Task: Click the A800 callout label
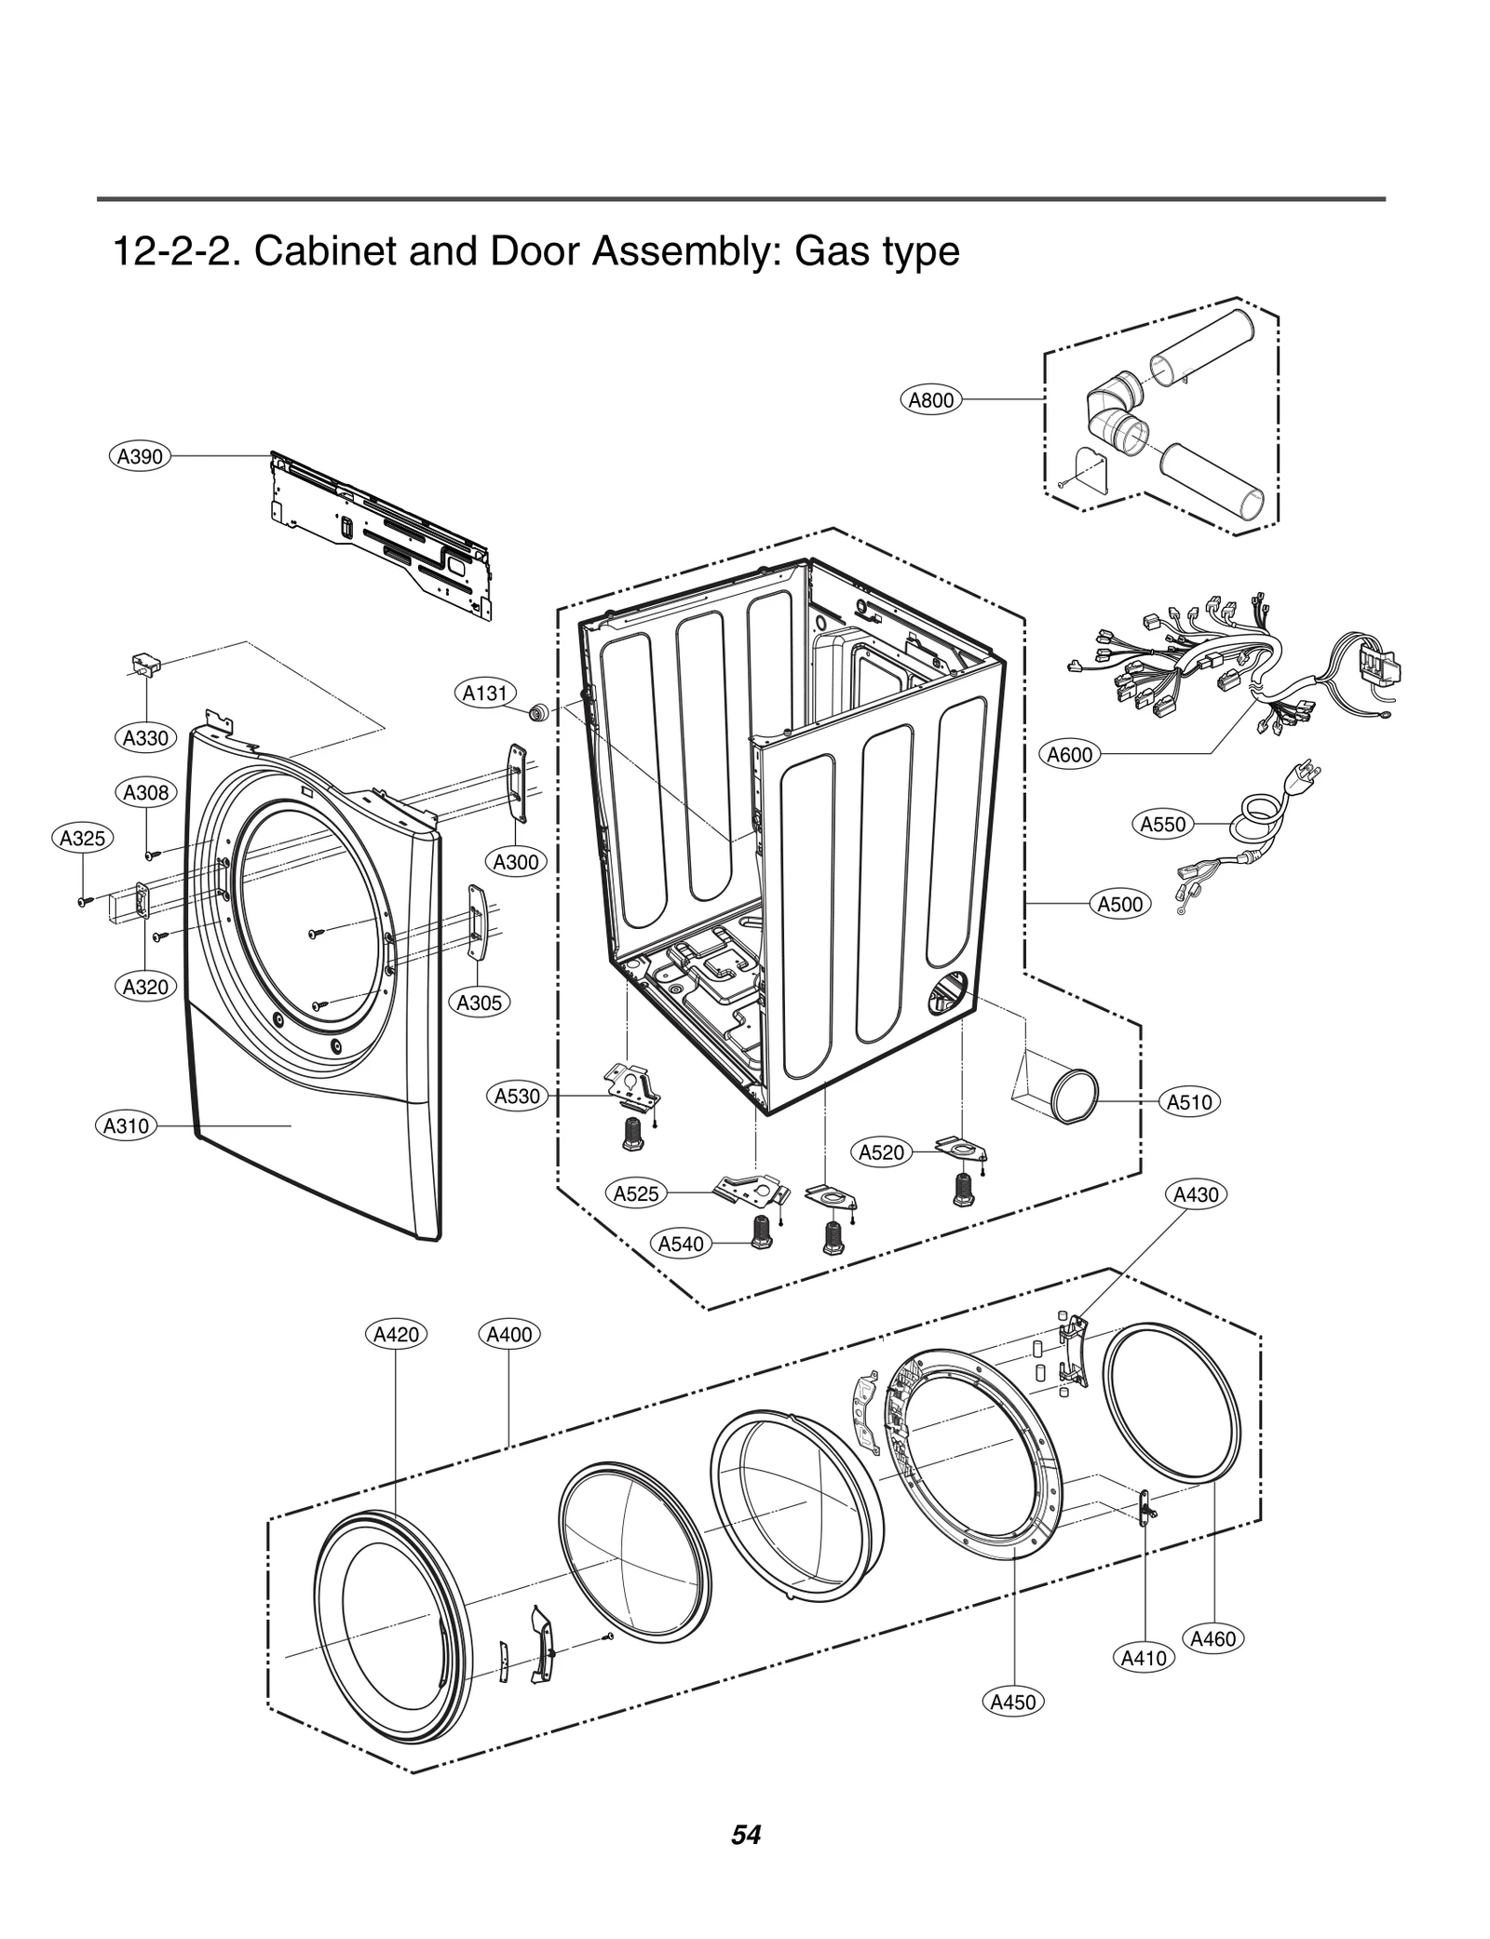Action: (x=930, y=400)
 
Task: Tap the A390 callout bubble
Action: (x=139, y=456)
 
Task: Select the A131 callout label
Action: (x=485, y=693)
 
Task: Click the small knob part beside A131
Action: (x=537, y=713)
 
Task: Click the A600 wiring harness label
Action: (x=1069, y=755)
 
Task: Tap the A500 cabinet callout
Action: (x=1119, y=904)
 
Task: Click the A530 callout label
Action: (x=517, y=1097)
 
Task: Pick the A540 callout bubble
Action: (x=681, y=1244)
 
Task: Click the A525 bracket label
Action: (x=636, y=1193)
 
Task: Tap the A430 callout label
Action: (x=1196, y=1194)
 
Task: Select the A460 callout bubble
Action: (x=1212, y=1638)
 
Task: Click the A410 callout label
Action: (x=1144, y=1658)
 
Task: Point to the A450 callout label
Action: (x=1012, y=1703)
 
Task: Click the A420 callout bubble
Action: (x=396, y=1334)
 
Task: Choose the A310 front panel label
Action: (x=126, y=1126)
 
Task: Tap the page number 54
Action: (x=746, y=1835)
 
